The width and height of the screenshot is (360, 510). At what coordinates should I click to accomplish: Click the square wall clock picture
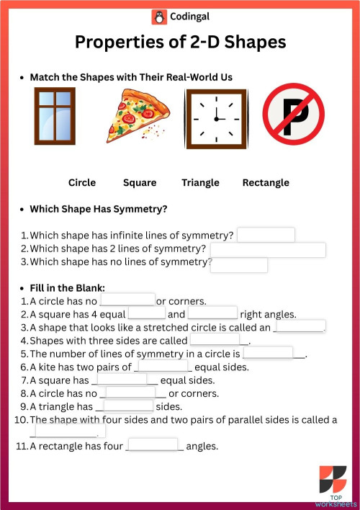215,116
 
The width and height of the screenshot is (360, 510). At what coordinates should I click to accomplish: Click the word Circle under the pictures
82,183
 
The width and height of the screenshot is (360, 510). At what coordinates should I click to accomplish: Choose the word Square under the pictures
140,183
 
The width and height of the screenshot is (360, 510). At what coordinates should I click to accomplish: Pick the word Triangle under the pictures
200,183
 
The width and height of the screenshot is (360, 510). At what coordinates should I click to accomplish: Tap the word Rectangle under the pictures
266,183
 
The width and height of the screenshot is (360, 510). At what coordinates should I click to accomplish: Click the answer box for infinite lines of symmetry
266,236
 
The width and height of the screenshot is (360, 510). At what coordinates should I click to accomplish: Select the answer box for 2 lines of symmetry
267,250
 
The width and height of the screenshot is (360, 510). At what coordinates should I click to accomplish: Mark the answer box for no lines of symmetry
239,264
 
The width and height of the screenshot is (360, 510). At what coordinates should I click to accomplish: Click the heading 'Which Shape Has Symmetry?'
99,210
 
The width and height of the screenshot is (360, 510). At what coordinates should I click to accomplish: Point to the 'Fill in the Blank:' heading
68,287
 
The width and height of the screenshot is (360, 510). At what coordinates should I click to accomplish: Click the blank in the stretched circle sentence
300,326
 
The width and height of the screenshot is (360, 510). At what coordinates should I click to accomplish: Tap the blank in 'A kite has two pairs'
163,366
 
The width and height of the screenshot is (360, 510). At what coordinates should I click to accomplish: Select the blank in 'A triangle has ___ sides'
129,406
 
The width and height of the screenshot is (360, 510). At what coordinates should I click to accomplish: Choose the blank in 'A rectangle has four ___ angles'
153,445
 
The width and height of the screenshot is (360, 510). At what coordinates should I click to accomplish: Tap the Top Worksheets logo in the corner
332,483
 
